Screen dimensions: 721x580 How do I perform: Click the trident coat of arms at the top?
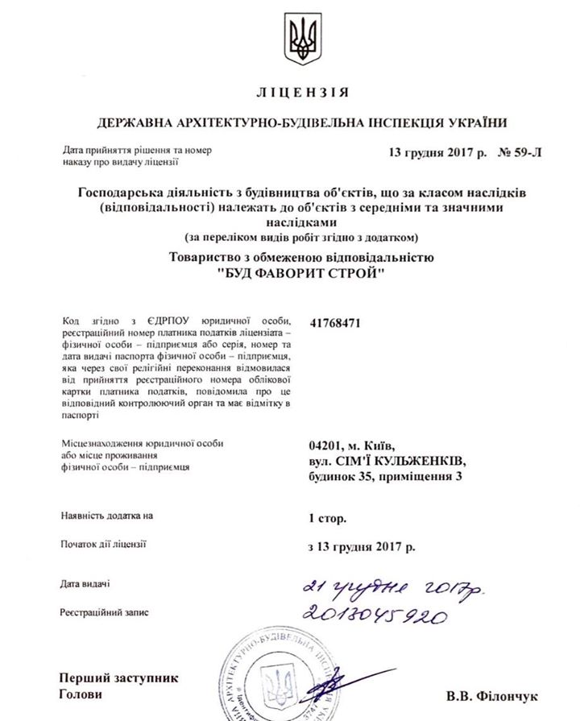pyautogui.click(x=304, y=39)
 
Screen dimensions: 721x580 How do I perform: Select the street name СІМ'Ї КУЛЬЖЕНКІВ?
pyautogui.click(x=400, y=461)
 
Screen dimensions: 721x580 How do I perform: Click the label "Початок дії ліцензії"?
pyautogui.click(x=102, y=544)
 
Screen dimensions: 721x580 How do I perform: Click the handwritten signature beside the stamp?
pyautogui.click(x=338, y=685)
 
